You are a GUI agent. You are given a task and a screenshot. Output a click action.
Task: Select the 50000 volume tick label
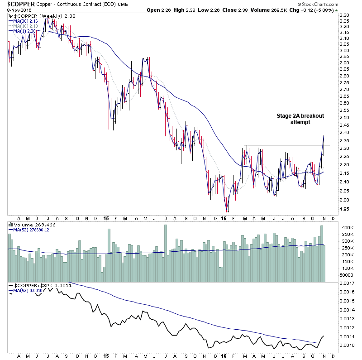[x=346, y=275]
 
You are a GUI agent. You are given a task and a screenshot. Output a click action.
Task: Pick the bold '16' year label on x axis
[x=224, y=218]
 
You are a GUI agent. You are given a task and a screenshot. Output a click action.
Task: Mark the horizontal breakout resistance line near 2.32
[x=285, y=145]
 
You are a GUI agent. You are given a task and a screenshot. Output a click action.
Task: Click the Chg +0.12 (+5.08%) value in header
[x=332, y=10]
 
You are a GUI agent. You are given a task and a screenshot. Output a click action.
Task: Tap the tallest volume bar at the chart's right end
[x=322, y=254]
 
